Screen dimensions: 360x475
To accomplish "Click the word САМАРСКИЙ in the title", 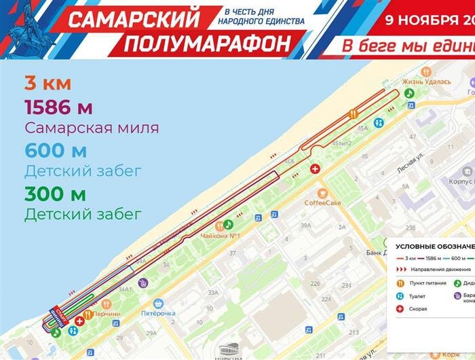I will click(x=134, y=20).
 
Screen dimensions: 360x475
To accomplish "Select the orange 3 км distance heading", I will click(x=47, y=85).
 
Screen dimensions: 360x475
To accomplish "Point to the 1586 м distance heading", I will click(x=58, y=107).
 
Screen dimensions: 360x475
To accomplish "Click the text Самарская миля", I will click(x=92, y=128).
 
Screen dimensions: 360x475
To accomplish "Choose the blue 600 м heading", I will click(x=56, y=150).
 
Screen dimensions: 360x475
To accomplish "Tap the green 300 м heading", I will click(x=55, y=194).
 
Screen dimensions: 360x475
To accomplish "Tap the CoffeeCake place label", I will click(x=322, y=202).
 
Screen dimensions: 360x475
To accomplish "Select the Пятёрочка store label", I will click(x=158, y=313).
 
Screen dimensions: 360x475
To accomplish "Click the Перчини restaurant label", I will click(x=107, y=313).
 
